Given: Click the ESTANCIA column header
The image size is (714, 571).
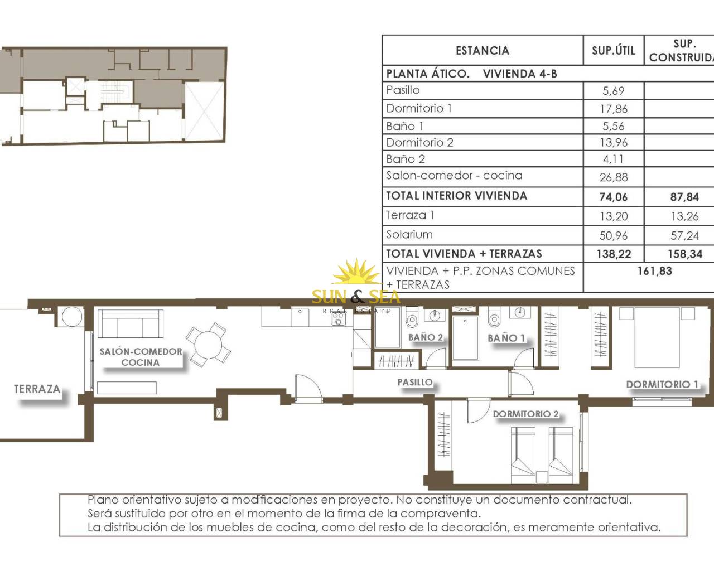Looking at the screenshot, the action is [x=483, y=51].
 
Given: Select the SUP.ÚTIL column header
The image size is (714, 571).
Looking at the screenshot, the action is [x=614, y=50].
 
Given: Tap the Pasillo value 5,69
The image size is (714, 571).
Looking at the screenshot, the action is [x=614, y=91].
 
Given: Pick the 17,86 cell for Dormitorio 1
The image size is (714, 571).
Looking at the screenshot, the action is [x=614, y=109].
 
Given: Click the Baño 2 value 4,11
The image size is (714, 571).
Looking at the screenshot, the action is [x=613, y=159].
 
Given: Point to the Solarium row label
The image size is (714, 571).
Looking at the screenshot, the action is [x=409, y=235].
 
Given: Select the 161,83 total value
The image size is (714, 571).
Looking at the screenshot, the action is [x=655, y=271].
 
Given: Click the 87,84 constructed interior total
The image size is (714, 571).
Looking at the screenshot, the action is [x=684, y=197].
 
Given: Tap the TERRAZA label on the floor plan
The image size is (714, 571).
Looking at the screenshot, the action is [x=37, y=389].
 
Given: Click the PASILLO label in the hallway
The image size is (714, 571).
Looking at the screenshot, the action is [x=415, y=382].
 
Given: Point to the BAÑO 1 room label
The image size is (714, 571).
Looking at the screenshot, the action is [x=506, y=338].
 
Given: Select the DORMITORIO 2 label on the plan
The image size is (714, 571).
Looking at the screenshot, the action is [x=525, y=414].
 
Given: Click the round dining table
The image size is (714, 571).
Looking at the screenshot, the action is [x=208, y=345].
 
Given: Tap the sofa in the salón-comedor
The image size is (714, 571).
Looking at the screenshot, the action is [x=132, y=324].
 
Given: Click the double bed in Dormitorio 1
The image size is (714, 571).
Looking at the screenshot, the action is [x=657, y=337].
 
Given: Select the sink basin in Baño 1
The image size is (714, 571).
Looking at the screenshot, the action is [x=519, y=312].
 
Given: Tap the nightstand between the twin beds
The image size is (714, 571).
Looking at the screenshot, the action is [x=542, y=477].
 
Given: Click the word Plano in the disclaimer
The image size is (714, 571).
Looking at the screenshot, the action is [x=103, y=500].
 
